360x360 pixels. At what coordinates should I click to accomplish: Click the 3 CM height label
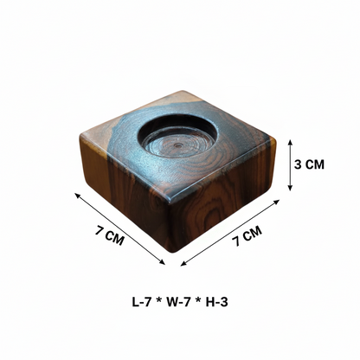309,164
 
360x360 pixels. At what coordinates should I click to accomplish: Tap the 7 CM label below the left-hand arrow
110,236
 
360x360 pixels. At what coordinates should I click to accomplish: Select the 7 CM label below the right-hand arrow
247,235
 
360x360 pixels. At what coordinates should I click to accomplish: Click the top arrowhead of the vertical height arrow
290,142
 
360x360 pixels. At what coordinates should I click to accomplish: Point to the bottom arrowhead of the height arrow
290,188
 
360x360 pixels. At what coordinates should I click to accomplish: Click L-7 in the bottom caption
142,302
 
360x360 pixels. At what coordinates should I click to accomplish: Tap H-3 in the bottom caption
217,302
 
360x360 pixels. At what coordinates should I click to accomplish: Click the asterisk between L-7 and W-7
158,300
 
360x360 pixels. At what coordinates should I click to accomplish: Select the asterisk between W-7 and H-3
198,300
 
